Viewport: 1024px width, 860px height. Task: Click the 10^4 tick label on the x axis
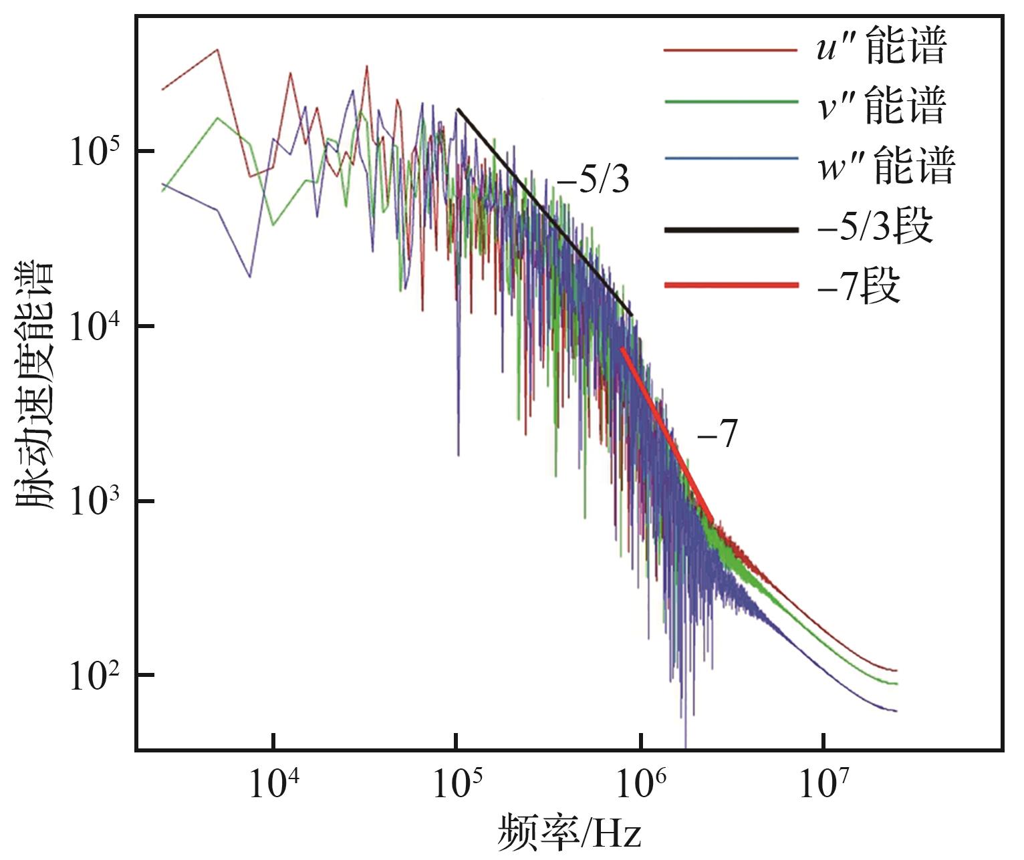[x=273, y=783]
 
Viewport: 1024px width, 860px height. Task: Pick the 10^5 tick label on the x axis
[x=457, y=783]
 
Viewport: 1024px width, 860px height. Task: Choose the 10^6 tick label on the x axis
[x=641, y=783]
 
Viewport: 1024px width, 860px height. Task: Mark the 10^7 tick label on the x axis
[x=824, y=783]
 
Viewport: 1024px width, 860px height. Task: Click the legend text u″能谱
[x=880, y=48]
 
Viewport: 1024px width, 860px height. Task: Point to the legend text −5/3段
[x=874, y=227]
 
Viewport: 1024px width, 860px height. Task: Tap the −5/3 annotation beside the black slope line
[x=594, y=180]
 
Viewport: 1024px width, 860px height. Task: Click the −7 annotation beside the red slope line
[x=717, y=436]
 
